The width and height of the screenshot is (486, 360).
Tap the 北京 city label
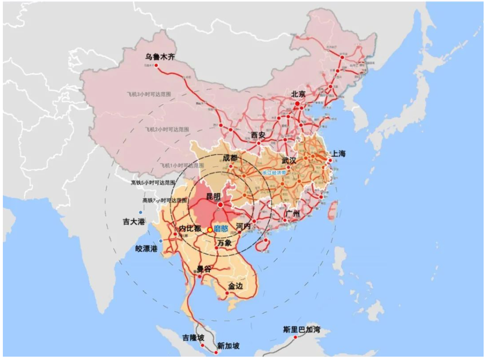[298, 94]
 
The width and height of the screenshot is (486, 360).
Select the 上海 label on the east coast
[339, 153]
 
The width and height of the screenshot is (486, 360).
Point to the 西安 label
[259, 135]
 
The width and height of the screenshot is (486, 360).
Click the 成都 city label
[230, 158]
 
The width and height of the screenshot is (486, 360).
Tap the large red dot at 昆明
[220, 204]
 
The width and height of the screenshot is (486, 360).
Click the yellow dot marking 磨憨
[210, 229]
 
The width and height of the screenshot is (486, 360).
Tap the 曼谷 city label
[204, 269]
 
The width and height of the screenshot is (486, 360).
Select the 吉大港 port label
[134, 221]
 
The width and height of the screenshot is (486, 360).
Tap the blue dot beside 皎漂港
[161, 241]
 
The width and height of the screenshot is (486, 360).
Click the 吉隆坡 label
[194, 338]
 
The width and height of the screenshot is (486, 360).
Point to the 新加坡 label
[228, 346]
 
